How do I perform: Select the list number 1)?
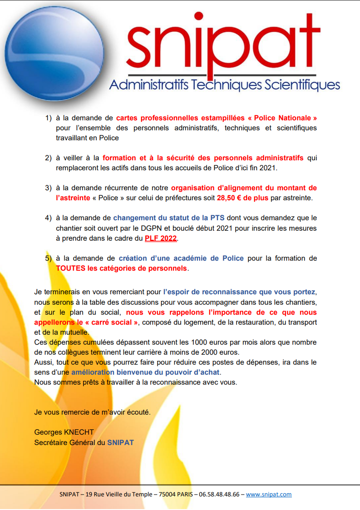(48, 118)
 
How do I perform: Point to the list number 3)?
(48, 188)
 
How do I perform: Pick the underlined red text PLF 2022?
(161, 238)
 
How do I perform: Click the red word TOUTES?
(70, 268)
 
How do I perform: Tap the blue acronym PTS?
(217, 218)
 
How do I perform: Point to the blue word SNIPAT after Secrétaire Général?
(120, 442)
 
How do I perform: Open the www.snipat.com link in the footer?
(269, 495)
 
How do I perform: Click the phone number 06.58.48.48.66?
(220, 495)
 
